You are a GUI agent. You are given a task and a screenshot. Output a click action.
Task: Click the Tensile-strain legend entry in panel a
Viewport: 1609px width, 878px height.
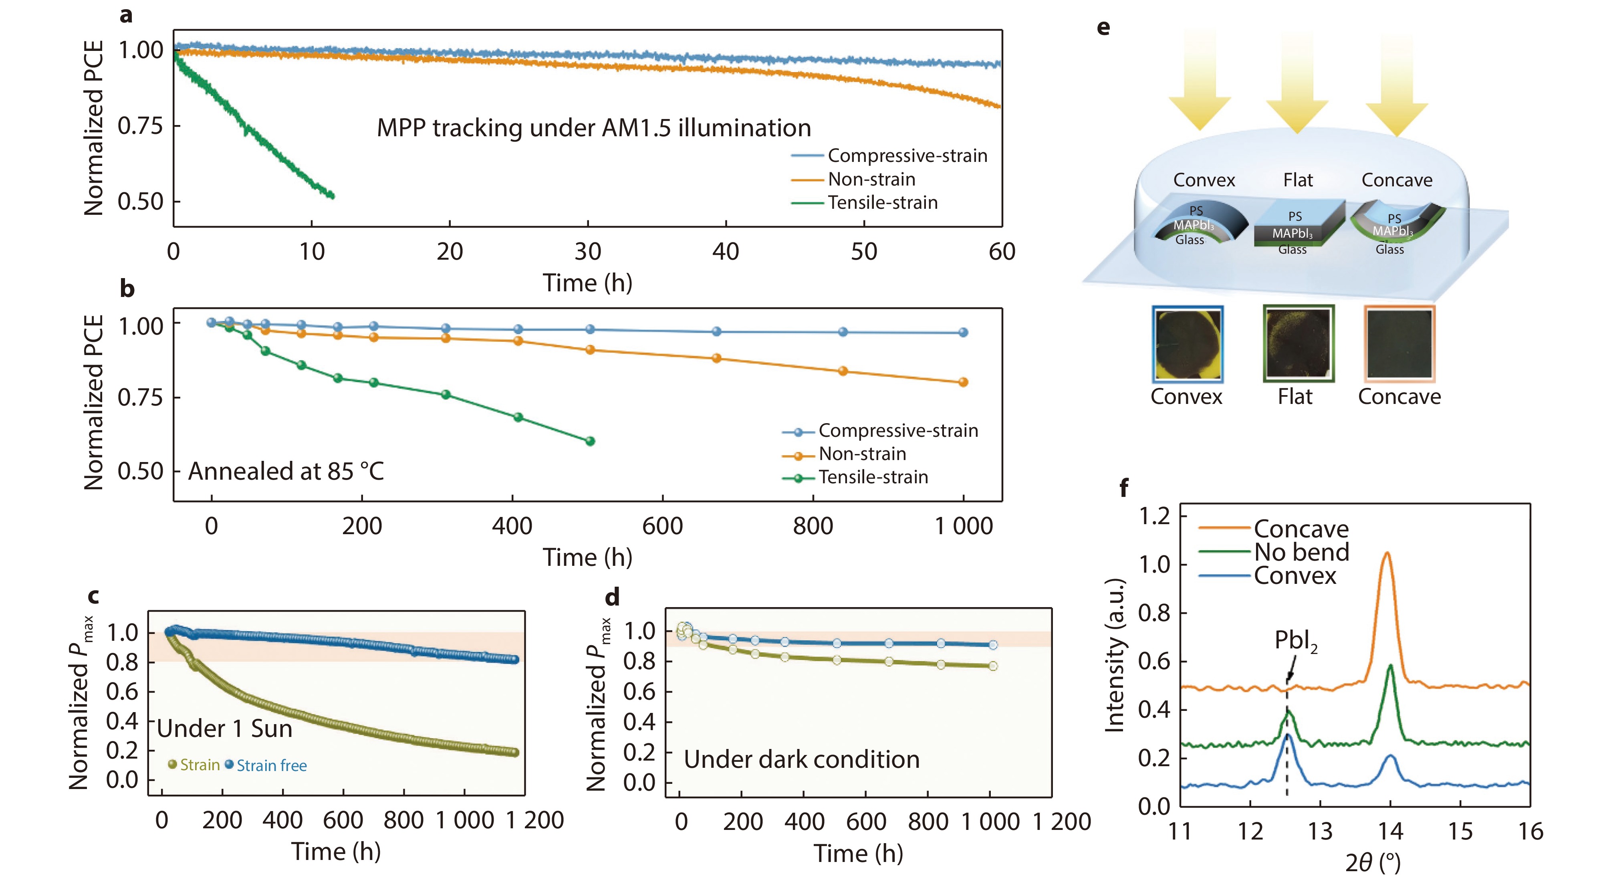point(881,202)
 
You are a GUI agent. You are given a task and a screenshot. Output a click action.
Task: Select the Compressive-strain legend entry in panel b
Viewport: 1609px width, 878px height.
point(897,430)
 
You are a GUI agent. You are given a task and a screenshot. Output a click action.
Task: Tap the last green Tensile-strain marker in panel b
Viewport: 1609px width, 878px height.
point(590,441)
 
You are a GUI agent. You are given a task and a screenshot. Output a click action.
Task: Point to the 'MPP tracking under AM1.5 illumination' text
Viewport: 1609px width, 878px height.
point(593,128)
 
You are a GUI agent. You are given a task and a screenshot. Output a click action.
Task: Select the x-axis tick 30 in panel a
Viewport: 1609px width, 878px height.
point(587,252)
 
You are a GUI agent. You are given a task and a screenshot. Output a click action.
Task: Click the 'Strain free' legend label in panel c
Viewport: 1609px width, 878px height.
point(271,765)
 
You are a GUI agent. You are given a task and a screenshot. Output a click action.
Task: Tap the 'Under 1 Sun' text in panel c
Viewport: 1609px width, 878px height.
point(224,729)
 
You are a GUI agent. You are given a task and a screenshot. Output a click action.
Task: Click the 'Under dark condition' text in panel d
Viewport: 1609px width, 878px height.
point(801,759)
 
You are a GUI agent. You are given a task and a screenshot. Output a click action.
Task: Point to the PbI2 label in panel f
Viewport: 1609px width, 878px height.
point(1295,640)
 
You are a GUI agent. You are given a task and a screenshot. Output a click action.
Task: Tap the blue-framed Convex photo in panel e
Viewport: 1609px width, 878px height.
point(1187,344)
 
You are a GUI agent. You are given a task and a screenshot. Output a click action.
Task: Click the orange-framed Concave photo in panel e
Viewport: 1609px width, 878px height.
point(1399,344)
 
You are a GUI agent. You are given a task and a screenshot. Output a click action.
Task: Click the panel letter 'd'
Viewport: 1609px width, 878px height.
point(612,597)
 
